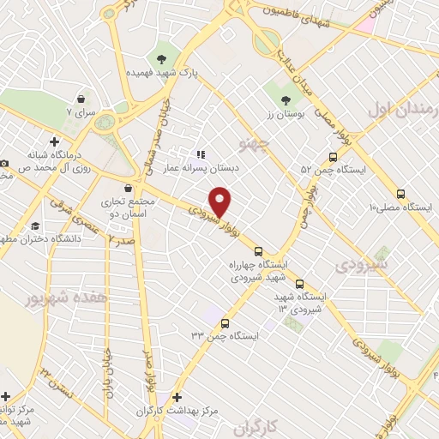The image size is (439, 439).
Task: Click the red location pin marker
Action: tap(221, 201)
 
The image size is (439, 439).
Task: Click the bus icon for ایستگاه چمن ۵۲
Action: tap(333, 157)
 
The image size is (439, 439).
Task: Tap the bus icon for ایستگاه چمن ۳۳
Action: tap(225, 324)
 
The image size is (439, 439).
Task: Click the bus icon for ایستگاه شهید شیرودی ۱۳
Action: tap(299, 284)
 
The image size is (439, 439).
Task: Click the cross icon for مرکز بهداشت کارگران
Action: tap(177, 398)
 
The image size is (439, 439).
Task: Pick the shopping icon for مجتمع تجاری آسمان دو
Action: tap(128, 189)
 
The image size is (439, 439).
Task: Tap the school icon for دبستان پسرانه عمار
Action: tap(201, 155)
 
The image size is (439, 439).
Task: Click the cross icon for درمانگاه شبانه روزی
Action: tap(55, 141)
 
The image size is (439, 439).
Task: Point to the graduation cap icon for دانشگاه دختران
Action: tap(35, 226)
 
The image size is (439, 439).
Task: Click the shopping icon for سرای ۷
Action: tap(81, 99)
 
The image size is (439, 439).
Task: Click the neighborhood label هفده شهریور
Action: tap(57, 300)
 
